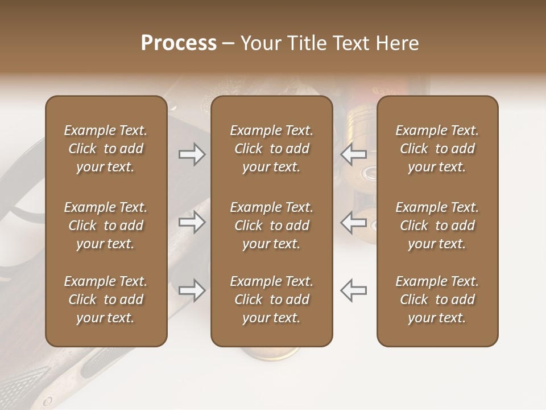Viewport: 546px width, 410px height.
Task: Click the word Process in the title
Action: pos(179,43)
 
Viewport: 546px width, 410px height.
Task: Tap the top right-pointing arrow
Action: pos(192,154)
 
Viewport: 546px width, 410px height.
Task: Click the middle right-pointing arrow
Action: pos(192,222)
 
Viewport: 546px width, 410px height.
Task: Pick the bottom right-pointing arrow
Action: pos(192,290)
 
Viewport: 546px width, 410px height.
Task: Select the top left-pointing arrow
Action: pos(354,154)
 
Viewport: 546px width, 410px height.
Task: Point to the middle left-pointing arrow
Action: pos(354,222)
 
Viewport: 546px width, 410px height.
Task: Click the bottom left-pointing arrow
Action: pos(354,290)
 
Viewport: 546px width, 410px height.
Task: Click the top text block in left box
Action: pos(106,149)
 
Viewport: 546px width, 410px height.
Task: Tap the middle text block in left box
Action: pos(106,225)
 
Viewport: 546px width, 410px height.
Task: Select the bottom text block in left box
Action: pos(106,300)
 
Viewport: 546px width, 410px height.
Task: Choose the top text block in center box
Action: pos(271,149)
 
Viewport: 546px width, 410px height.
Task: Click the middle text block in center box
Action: pos(271,225)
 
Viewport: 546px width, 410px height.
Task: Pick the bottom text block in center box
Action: pos(271,300)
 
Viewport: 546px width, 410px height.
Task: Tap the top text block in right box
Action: pos(437,149)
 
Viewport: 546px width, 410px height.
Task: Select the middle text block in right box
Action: pos(437,225)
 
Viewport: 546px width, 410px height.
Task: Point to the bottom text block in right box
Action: pos(437,300)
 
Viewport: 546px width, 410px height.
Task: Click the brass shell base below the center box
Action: pos(272,354)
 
